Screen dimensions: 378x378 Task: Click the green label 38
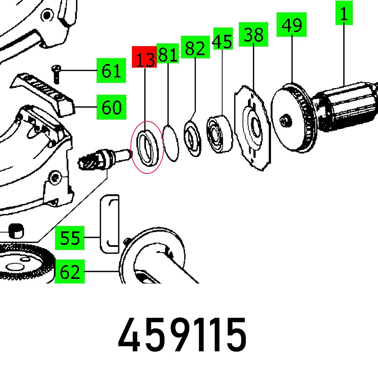[x=253, y=35]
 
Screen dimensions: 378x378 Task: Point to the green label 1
[x=344, y=14]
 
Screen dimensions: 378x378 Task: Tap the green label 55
[x=70, y=238]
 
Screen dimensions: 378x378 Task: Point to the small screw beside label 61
[x=56, y=74]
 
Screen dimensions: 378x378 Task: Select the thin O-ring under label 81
[x=170, y=143]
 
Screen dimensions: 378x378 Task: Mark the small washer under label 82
[x=193, y=138]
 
